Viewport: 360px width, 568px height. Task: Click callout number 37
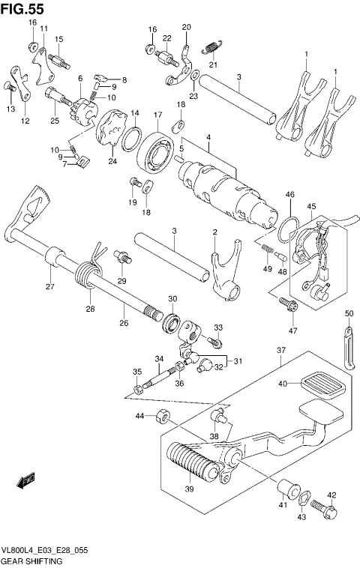280,350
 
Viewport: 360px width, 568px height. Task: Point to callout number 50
349,312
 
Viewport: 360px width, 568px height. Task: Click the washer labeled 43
305,499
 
